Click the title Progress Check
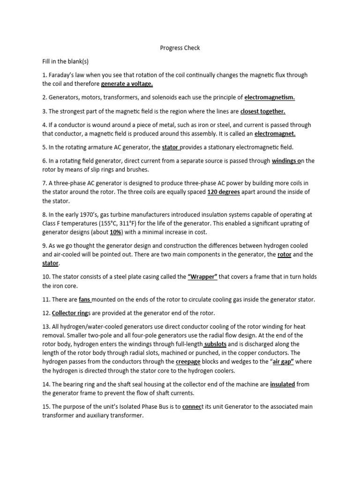tap(180, 48)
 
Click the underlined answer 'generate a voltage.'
tap(127, 84)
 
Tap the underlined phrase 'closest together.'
tap(263, 111)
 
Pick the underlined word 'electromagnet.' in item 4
tap(275, 134)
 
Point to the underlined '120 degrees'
tap(223, 192)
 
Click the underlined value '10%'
tap(115, 232)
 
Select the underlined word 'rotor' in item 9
tap(285, 255)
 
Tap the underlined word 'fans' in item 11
tap(84, 300)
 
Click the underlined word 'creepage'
tap(188, 362)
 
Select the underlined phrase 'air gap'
tap(280, 362)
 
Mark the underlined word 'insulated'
tap(282, 384)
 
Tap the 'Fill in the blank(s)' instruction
tap(65, 61)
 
